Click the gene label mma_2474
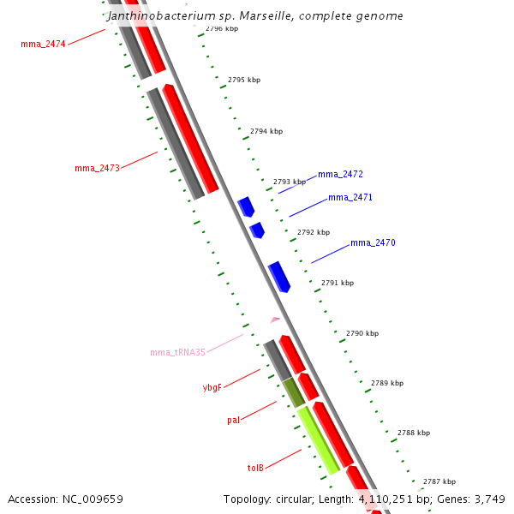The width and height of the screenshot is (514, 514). point(43,43)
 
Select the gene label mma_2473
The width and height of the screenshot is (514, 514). point(97,168)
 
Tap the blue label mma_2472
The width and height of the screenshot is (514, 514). point(340,174)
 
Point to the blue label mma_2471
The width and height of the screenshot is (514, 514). point(350,197)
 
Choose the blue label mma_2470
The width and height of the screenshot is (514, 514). point(373,242)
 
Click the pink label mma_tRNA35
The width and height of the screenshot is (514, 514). point(177,352)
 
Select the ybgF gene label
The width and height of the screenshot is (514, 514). point(212,387)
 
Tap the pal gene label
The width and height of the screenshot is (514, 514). point(233,420)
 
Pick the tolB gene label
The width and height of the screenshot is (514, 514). point(255,468)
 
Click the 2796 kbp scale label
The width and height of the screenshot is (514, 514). point(222,28)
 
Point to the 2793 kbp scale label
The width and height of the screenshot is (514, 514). point(289,182)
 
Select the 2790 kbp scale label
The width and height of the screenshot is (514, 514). point(362,332)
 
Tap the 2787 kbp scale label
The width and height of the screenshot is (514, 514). point(439,481)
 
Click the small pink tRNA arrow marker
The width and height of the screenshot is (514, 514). point(275,320)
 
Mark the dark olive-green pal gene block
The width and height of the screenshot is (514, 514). point(294,391)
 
